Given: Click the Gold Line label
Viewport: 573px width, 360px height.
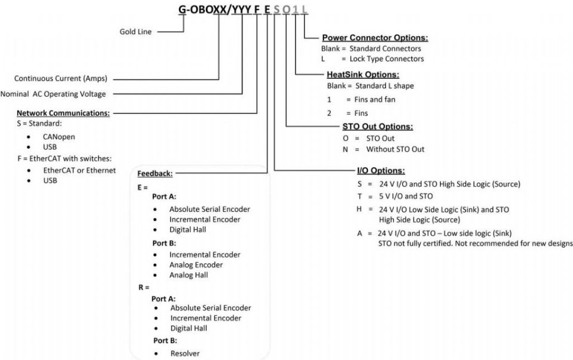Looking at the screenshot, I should click(x=135, y=32).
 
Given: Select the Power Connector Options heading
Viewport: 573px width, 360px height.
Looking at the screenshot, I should click(x=375, y=38).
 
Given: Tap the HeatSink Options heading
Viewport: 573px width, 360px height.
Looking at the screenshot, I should click(x=363, y=75).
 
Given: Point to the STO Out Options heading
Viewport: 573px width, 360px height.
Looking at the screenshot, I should click(x=377, y=127).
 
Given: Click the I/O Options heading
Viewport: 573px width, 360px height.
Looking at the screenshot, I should click(x=381, y=171).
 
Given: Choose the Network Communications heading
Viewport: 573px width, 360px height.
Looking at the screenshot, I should click(x=63, y=113).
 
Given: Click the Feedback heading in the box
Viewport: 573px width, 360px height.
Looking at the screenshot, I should click(x=155, y=174).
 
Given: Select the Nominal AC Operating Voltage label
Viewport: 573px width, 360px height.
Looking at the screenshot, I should click(x=53, y=94).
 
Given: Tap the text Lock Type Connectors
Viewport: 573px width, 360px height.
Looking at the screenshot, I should click(x=387, y=59).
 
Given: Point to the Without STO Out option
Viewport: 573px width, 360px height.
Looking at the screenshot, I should click(x=395, y=149).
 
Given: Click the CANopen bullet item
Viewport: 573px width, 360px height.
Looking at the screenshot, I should click(x=58, y=137).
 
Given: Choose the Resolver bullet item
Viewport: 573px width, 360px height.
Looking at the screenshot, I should click(x=185, y=353).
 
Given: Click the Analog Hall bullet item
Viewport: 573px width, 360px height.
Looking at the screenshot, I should click(x=189, y=275).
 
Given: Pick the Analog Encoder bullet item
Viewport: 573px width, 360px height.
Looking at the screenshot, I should click(x=196, y=265).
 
